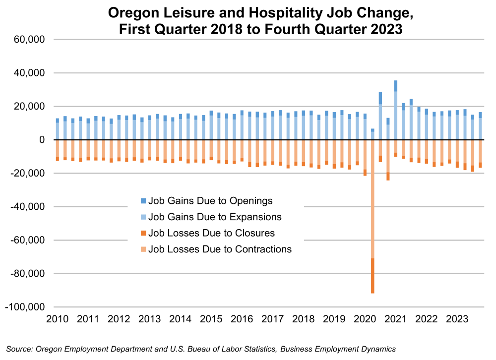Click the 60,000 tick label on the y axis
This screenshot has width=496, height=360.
coord(29,40)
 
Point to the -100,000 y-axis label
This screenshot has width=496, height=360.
coord(26,307)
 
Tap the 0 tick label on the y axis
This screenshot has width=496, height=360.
coord(43,140)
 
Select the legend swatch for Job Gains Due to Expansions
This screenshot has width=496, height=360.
coord(144,217)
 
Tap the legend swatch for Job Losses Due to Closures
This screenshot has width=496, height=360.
coord(144,233)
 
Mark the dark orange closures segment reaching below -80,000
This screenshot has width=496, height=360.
coord(372,276)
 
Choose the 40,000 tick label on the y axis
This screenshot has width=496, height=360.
coord(29,73)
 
